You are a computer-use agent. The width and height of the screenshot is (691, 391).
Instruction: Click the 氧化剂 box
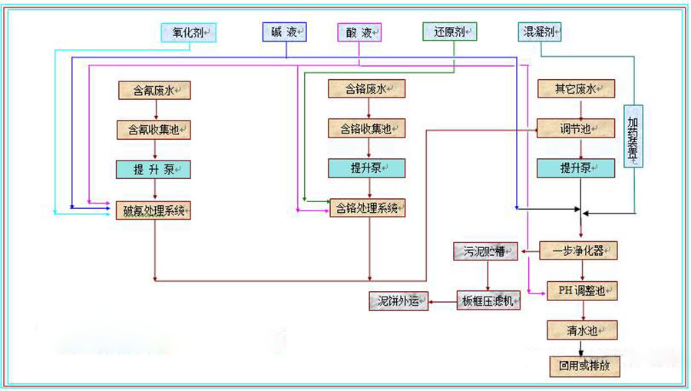point(188,32)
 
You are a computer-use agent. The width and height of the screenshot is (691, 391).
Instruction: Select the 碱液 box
point(284,32)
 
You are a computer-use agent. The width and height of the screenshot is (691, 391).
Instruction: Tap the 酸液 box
point(359,32)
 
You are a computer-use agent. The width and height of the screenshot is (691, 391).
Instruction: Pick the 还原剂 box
point(449,32)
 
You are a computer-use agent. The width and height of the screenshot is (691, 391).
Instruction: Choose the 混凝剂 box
point(540,32)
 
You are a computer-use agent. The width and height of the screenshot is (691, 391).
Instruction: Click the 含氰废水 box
point(154,90)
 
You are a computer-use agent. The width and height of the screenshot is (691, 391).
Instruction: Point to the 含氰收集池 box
point(154,129)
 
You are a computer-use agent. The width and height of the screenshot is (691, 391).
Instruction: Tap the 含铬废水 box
point(366,89)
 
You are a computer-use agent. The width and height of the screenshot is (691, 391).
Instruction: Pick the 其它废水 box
point(577,88)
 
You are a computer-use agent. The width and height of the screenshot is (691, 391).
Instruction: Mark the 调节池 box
point(577,128)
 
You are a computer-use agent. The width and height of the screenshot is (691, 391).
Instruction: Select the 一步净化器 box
point(577,250)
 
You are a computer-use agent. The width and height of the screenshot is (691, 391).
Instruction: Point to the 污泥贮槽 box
point(486,251)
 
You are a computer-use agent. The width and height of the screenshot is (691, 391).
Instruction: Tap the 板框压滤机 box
point(488,301)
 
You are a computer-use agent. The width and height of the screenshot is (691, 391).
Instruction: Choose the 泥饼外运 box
point(398,301)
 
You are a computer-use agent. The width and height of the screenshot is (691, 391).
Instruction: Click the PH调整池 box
point(581,290)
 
